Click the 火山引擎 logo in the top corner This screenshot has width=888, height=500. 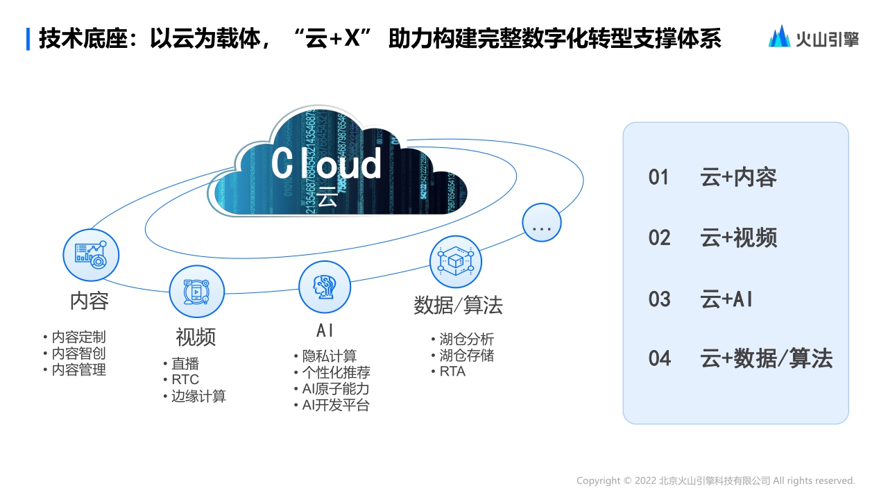point(813,37)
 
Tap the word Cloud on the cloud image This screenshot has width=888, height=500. point(326,163)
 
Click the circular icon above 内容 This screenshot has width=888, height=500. point(91,255)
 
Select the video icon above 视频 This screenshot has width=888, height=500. point(197,292)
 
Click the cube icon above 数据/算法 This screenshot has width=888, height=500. point(456,262)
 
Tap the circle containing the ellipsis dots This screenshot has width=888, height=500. point(541,223)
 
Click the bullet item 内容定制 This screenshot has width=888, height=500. point(78,337)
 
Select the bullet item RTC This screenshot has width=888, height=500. point(185,379)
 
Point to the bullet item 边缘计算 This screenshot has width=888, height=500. point(198,396)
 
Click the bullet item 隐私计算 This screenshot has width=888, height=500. point(329,356)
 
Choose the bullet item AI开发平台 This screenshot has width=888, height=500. point(336,406)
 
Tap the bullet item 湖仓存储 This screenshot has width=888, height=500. point(466,356)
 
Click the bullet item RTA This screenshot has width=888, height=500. point(452,372)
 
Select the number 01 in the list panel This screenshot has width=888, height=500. point(658,178)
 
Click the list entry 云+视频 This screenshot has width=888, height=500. point(739,238)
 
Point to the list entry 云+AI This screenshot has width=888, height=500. point(726,299)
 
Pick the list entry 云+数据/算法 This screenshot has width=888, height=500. point(766,358)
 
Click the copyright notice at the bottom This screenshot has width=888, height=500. point(715,481)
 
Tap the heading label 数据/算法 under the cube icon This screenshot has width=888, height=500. point(458,306)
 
